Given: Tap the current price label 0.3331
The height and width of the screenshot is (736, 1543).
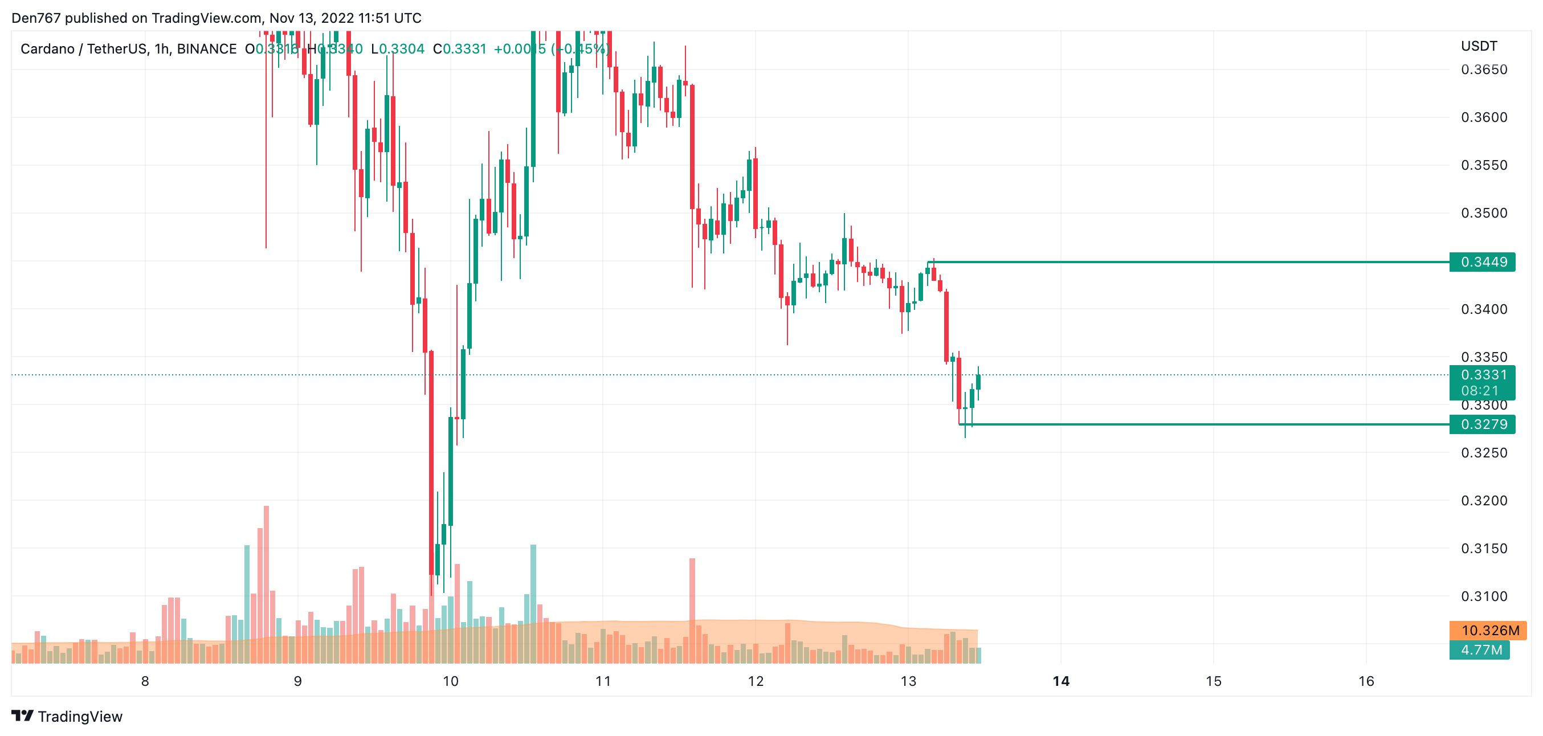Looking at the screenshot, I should (x=1483, y=375).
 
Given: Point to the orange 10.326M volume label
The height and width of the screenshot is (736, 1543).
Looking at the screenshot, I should (x=1489, y=630).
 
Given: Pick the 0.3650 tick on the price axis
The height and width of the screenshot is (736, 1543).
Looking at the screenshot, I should (x=1484, y=69).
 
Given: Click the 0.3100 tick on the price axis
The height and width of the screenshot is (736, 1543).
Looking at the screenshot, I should (x=1484, y=596).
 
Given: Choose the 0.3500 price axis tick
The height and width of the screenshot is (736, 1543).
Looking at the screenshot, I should (x=1484, y=213).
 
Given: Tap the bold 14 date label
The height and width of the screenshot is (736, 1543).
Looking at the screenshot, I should (x=1061, y=681).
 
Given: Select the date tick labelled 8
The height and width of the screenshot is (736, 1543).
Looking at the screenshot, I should (x=145, y=681).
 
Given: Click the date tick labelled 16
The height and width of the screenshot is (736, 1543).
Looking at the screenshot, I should (x=1366, y=681).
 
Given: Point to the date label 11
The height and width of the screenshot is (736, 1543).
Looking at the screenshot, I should (x=603, y=681).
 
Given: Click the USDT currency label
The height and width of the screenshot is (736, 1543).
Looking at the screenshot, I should (x=1479, y=46).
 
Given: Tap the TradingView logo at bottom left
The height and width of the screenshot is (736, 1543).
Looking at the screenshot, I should (x=67, y=716).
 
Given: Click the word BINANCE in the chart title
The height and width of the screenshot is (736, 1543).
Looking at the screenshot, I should (x=207, y=49).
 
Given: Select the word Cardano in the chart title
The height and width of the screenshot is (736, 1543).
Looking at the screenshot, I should (x=47, y=49).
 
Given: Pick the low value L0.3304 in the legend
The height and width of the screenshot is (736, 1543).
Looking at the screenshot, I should (x=398, y=49).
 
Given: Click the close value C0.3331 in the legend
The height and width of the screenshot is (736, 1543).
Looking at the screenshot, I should (x=460, y=49).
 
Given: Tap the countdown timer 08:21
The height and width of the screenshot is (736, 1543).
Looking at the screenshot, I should (x=1480, y=390).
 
